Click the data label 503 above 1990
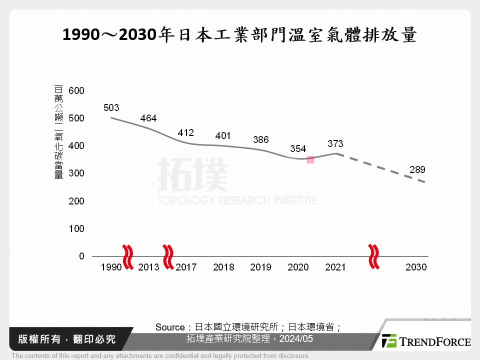click(x=111, y=107)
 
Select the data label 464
click(x=148, y=118)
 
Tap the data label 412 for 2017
click(x=185, y=133)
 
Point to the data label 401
click(x=223, y=135)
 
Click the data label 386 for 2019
click(x=260, y=139)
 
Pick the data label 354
click(x=298, y=148)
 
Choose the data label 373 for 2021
click(x=335, y=143)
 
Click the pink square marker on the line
click(x=310, y=159)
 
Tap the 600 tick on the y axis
click(x=77, y=90)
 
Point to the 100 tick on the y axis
click(x=77, y=228)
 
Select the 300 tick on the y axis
click(x=77, y=173)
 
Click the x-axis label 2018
click(x=223, y=267)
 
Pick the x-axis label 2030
click(x=416, y=267)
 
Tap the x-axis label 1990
click(x=111, y=267)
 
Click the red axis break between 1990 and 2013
click(x=128, y=256)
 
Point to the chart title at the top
click(x=240, y=35)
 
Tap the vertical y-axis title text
click(x=58, y=132)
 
